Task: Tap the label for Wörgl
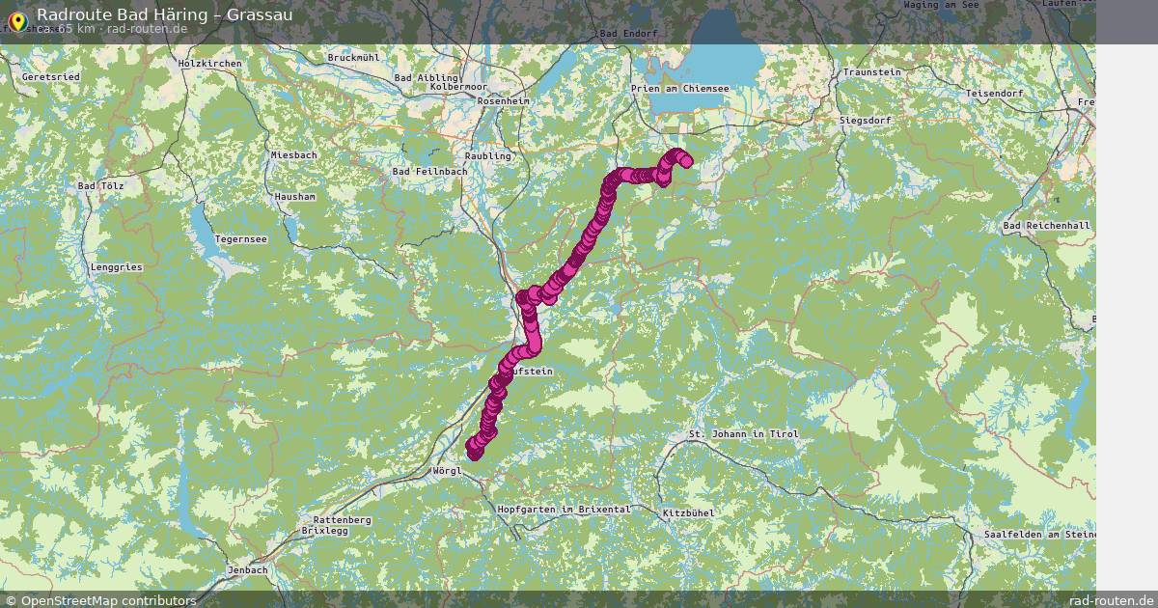[449, 471]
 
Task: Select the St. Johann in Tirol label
[744, 434]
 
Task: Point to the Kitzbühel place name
[689, 512]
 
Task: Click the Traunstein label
[871, 72]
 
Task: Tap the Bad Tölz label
[100, 184]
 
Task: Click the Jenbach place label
[248, 570]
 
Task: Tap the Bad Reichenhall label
[1046, 226]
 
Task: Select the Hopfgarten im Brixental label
[564, 509]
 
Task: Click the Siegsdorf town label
[866, 121]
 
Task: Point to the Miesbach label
[293, 154]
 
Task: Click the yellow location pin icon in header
[16, 20]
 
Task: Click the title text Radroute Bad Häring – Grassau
[165, 15]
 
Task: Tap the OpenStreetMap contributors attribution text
[108, 600]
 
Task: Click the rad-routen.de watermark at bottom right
[1112, 600]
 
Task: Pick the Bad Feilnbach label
[429, 172]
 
